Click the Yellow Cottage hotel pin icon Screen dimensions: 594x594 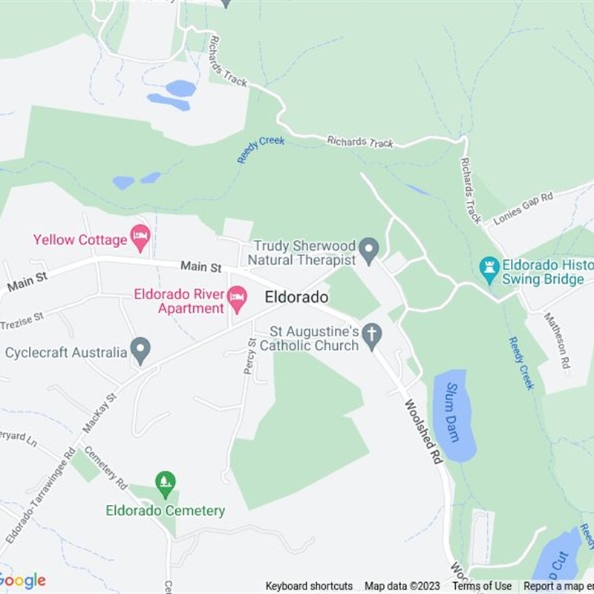coord(140,238)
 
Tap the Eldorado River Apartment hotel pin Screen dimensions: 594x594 coord(237,299)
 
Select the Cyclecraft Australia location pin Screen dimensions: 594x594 coord(140,350)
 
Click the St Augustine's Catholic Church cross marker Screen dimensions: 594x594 coord(371,335)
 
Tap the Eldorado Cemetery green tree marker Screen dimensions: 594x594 coord(166,484)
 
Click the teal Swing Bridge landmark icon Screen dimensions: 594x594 coord(489,270)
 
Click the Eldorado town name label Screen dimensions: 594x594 coord(296,297)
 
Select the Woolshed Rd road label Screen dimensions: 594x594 coord(423,431)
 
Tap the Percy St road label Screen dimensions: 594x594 coord(250,356)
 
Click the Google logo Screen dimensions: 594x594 coord(22,581)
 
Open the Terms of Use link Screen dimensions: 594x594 coord(482,587)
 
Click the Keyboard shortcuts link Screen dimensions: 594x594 coord(309,587)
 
